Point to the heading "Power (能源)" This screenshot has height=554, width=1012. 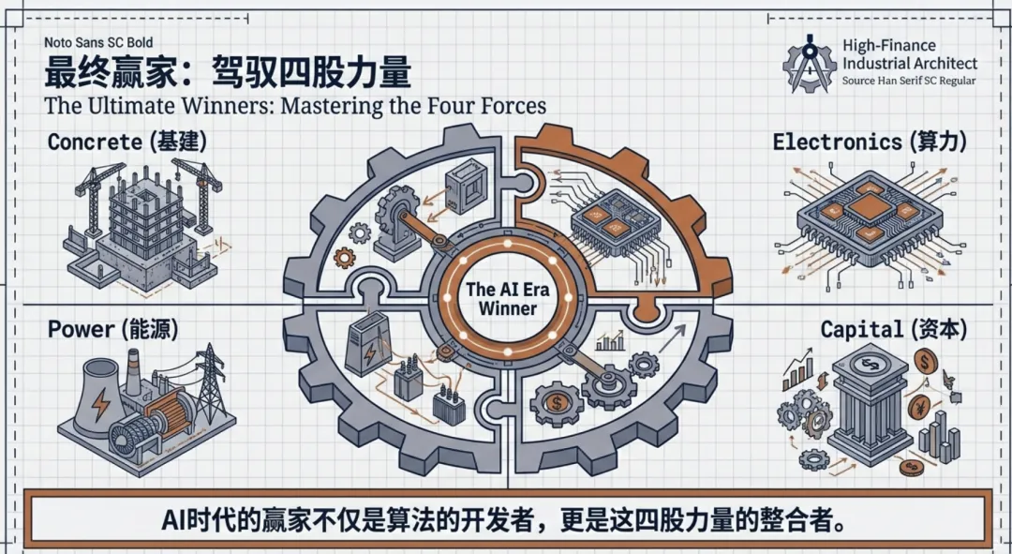112,329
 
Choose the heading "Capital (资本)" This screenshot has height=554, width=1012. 894,329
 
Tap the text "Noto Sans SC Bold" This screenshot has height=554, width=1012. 98,42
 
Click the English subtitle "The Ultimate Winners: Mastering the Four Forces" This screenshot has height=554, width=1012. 295,105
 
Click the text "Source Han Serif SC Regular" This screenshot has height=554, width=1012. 908,82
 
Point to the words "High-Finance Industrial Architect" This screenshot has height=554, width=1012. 908,54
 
